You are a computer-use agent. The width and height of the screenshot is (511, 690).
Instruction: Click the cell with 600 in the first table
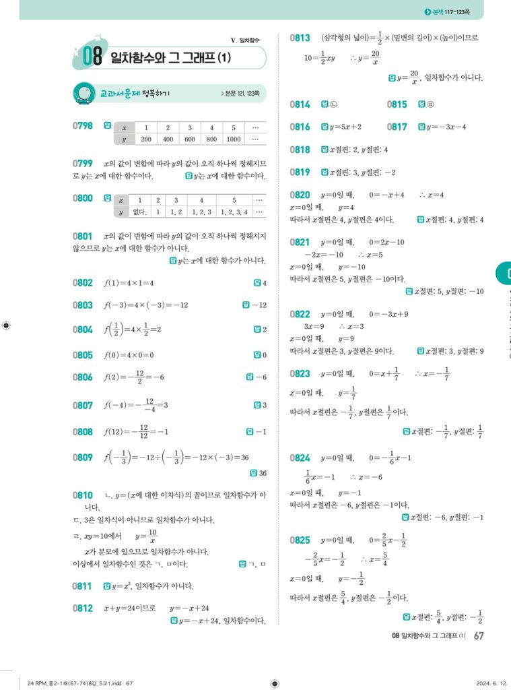tap(191, 139)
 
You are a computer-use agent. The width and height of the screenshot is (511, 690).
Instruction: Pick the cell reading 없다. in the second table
tap(122, 212)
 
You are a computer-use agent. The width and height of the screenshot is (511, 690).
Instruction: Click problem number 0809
tap(82, 458)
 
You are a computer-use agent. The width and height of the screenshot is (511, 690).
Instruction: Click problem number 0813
tap(300, 38)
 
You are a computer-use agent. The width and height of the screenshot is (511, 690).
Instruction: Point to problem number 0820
tap(300, 195)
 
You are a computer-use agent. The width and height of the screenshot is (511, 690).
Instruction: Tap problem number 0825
tap(300, 540)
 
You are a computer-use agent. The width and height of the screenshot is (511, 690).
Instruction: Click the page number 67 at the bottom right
tap(479, 635)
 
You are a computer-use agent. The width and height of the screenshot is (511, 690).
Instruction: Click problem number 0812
tap(82, 608)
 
